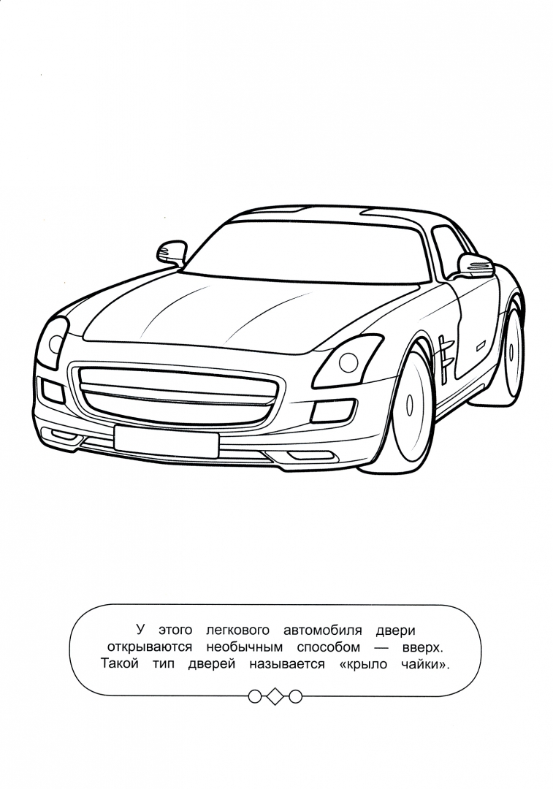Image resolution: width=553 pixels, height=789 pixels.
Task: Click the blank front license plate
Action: [x=166, y=442]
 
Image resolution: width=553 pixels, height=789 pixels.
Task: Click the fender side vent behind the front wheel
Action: [x=445, y=357]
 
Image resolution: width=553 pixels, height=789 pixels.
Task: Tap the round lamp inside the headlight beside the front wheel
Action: [x=348, y=361]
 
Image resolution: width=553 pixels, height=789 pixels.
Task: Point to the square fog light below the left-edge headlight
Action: [x=53, y=392]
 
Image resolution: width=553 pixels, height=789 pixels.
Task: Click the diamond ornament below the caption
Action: [x=275, y=696]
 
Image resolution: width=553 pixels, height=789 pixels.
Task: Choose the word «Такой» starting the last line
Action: [x=120, y=663]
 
